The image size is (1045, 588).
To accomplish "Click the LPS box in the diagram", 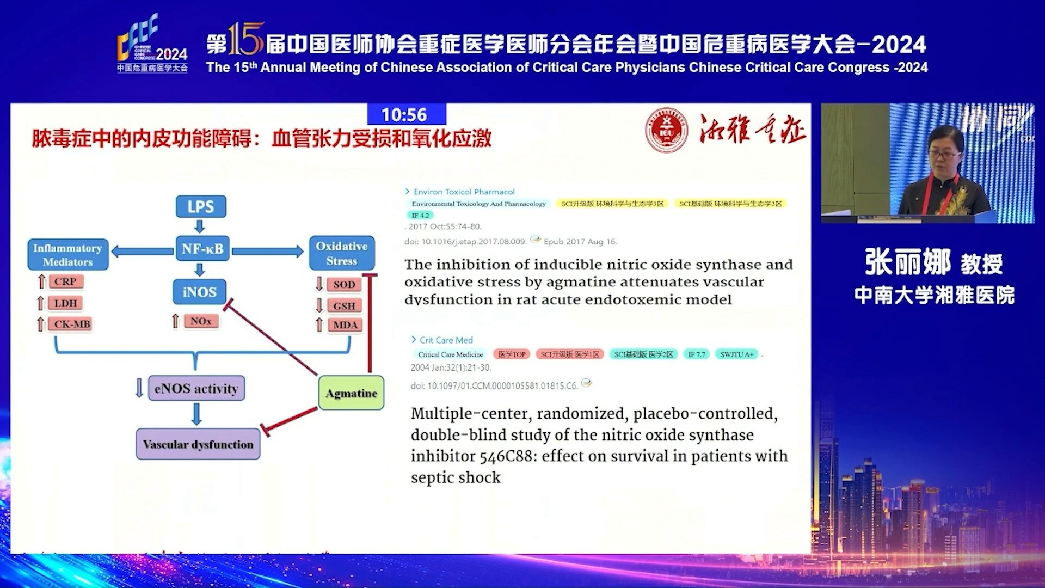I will coord(201,206).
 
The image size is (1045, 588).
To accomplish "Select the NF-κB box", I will coord(202,249).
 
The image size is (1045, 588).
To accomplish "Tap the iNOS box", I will coord(200,292).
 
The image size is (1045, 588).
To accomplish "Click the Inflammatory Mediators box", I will coord(67,255).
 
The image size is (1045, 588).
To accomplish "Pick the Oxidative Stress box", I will coord(342,253).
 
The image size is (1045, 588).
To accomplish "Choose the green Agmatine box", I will coord(351,393).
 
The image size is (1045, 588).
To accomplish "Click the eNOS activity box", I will coord(196,388).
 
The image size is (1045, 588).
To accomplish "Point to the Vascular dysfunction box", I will coord(198,444).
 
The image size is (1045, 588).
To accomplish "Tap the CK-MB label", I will coord(72,324).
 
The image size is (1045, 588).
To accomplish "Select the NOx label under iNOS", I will coord(200,321).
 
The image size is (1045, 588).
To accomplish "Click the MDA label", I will coord(345,325).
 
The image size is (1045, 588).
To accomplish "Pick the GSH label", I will coord(344,306).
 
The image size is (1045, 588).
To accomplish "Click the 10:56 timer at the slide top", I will coord(404,115).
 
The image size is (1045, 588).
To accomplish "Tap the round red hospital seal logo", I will coord(666,130).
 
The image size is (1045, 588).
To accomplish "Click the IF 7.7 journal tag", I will coord(696,354).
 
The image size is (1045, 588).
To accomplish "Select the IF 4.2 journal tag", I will coord(420,216).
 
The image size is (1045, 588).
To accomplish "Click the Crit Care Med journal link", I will coord(446,340).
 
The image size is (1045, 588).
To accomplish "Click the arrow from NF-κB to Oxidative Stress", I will coord(268,251).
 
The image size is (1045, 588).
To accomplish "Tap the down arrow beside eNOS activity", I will coord(139,388).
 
